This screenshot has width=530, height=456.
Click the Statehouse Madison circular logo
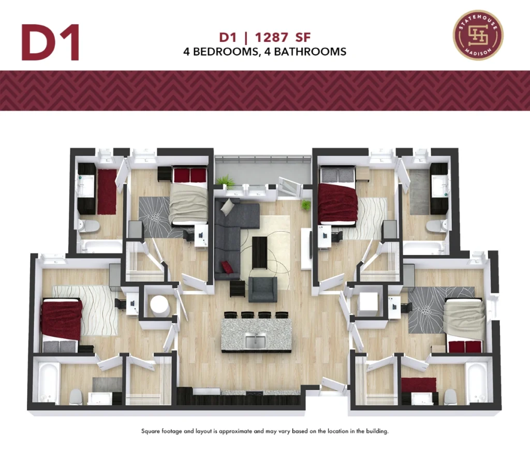[x=478, y=35]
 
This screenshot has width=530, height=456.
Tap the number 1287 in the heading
[x=271, y=37]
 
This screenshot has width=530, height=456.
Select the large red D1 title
[x=50, y=42]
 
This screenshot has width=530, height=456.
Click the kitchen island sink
[x=256, y=340]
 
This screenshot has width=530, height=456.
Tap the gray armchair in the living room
[x=263, y=289]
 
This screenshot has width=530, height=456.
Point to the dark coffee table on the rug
[x=259, y=252]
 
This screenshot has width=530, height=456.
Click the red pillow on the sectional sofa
[x=227, y=267]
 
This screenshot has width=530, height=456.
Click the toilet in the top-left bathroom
[x=89, y=226]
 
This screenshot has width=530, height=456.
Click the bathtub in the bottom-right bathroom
[x=477, y=384]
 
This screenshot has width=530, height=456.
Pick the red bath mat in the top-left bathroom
[x=107, y=192]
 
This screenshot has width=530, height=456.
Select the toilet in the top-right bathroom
[x=436, y=226]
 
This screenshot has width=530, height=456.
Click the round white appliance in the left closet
[x=159, y=305]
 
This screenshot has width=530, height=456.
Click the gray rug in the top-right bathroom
[x=419, y=192]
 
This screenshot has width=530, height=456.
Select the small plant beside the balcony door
[x=306, y=205]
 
